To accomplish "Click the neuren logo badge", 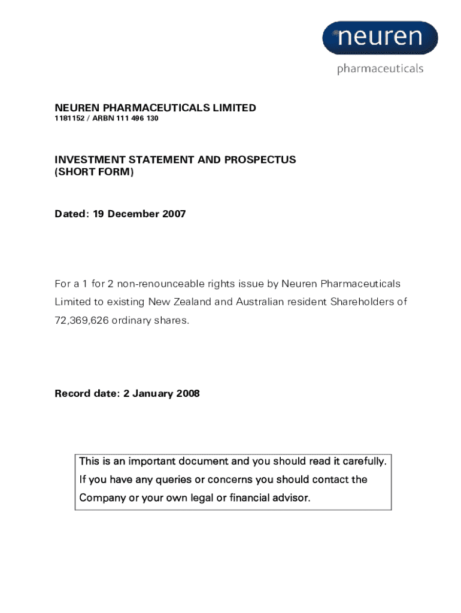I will pyautogui.click(x=380, y=38).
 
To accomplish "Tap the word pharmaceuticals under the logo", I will pyautogui.click(x=380, y=69).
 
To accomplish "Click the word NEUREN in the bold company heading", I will pyautogui.click(x=75, y=108).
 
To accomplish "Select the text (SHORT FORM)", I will pyautogui.click(x=95, y=172).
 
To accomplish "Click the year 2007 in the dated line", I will pyautogui.click(x=174, y=214).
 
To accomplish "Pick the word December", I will pyautogui.click(x=135, y=214).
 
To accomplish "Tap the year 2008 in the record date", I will pyautogui.click(x=187, y=393).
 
